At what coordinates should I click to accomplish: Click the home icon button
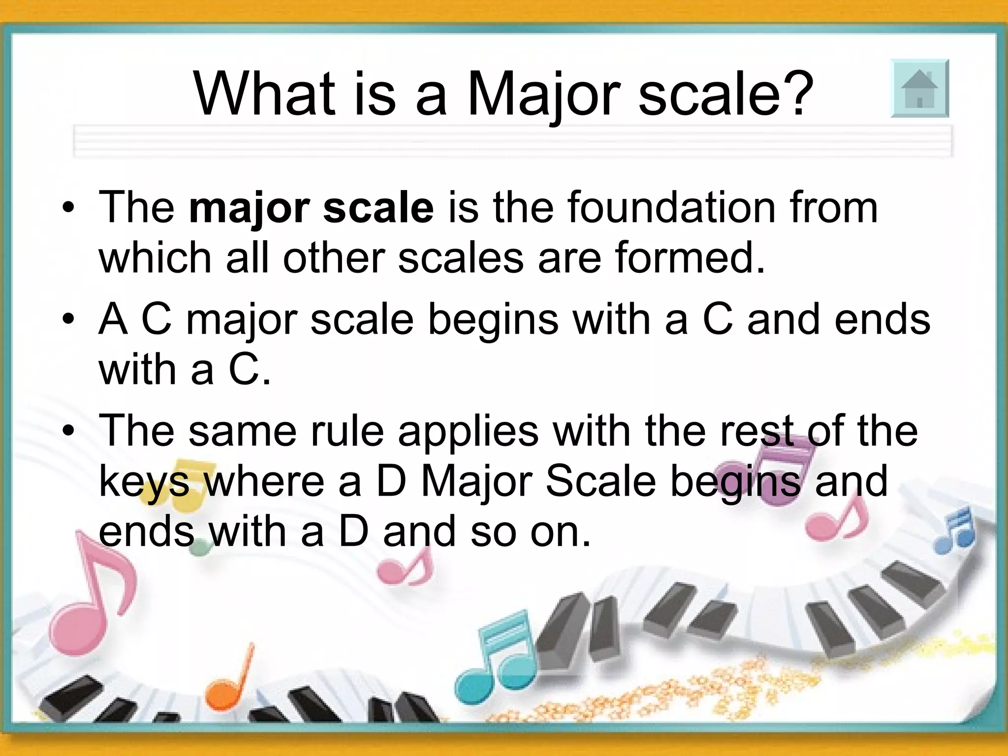point(919,89)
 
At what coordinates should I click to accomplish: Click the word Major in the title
point(544,94)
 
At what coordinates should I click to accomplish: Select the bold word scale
point(378,208)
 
